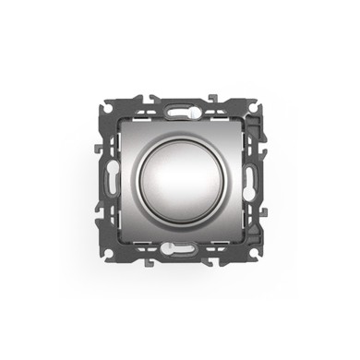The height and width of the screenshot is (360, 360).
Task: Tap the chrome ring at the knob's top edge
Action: (x=180, y=138)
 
